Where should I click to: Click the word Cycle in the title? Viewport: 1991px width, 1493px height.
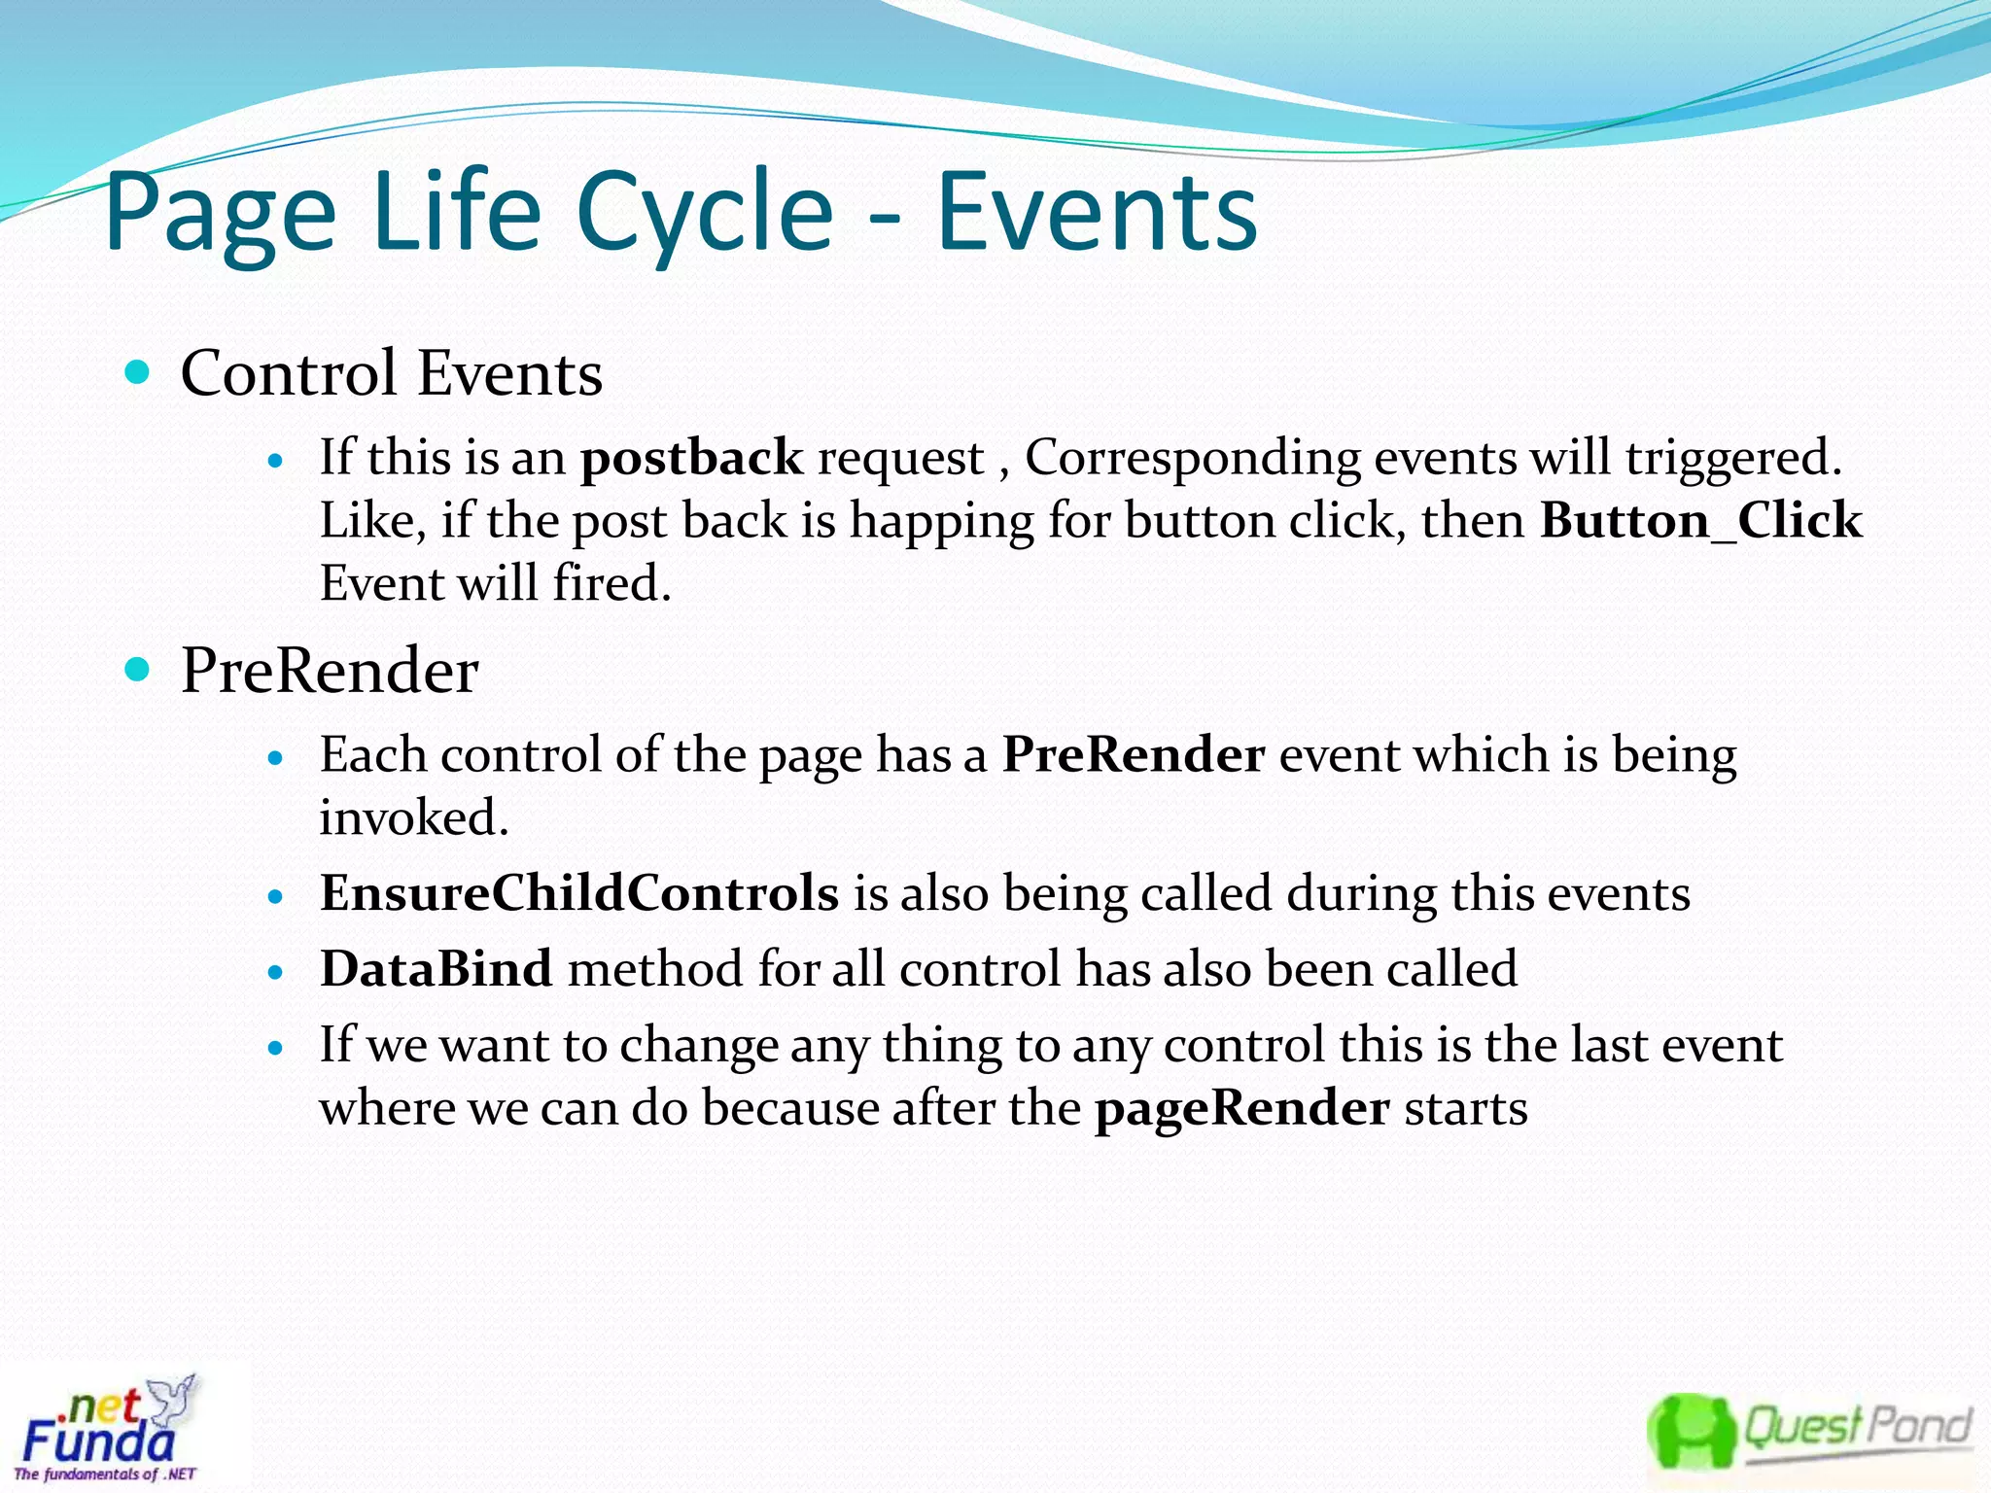click(x=705, y=212)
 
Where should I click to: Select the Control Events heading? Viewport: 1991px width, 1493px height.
click(x=391, y=373)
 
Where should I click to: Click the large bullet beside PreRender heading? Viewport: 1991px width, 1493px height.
click(x=138, y=669)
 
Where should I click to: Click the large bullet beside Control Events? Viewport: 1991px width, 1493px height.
click(x=138, y=371)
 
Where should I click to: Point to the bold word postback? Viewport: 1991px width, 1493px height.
click(x=691, y=458)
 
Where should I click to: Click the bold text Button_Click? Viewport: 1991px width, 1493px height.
click(x=1700, y=521)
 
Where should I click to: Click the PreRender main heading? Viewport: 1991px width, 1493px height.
click(x=330, y=671)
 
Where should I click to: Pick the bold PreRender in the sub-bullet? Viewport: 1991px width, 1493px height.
click(x=1134, y=755)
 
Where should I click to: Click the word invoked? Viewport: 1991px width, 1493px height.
click(x=413, y=817)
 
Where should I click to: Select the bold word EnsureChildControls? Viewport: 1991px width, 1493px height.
click(x=579, y=893)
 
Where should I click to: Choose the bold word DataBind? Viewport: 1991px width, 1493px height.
click(x=437, y=969)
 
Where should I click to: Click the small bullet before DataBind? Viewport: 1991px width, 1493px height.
click(x=276, y=971)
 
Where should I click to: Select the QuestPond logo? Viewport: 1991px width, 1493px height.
click(x=1808, y=1430)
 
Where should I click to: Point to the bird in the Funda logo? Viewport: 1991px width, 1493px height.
click(x=175, y=1396)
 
